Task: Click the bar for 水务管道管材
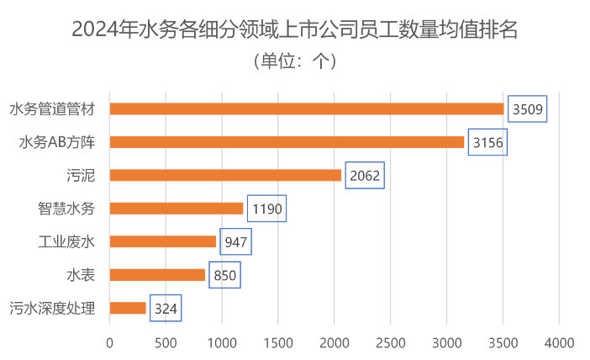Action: [x=307, y=109]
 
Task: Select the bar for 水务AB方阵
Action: [x=287, y=142]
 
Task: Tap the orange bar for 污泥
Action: [x=226, y=175]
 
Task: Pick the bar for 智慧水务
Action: [x=176, y=209]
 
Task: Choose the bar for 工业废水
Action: [x=163, y=242]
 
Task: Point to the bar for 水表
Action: [x=158, y=275]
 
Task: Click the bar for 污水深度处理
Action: [x=128, y=308]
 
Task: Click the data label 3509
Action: [x=528, y=109]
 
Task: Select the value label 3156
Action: [x=487, y=142]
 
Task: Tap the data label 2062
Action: [x=365, y=175]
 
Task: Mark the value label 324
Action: [x=166, y=308]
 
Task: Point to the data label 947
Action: [x=236, y=242]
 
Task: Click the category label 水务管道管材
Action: [x=51, y=109]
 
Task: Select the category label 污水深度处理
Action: [x=51, y=308]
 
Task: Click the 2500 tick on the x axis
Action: [x=390, y=342]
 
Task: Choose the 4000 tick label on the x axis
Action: [x=558, y=342]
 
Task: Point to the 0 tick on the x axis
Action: [x=109, y=342]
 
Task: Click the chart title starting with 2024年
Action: [x=294, y=30]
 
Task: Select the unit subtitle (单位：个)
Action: [x=294, y=61]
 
